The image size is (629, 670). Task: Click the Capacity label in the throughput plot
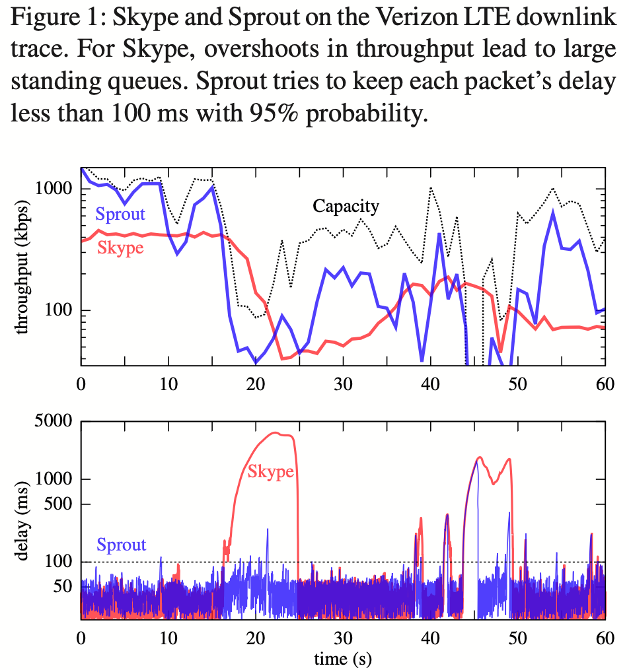point(346,207)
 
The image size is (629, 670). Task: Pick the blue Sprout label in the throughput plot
point(120,214)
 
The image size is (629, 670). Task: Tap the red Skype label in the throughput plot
point(120,248)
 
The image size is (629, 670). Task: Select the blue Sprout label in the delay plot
point(122,545)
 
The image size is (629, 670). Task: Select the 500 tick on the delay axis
point(62,505)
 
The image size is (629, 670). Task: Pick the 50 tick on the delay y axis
point(66,587)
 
